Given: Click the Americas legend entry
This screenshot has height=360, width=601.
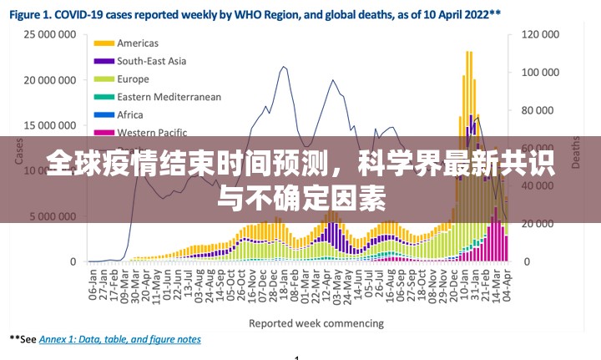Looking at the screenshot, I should [x=138, y=43].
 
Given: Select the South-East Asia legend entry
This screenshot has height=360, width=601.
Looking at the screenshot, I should [x=151, y=61].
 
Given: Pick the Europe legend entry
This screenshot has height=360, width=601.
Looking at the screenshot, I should [x=133, y=79].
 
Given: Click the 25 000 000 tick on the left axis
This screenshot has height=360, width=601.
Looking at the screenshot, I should [x=49, y=34].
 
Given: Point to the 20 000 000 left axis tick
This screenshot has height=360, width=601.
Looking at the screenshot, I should [x=49, y=80].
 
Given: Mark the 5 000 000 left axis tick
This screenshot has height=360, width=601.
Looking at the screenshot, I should [x=53, y=215].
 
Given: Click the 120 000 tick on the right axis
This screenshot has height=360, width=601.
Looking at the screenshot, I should [x=540, y=34].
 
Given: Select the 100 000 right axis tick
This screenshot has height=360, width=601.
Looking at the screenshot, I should [x=540, y=73].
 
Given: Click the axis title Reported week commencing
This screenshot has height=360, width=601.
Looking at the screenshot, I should [x=317, y=323].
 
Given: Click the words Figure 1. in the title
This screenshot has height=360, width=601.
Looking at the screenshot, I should [x=36, y=13].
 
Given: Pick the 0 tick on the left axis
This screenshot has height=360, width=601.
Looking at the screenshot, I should [x=73, y=261].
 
